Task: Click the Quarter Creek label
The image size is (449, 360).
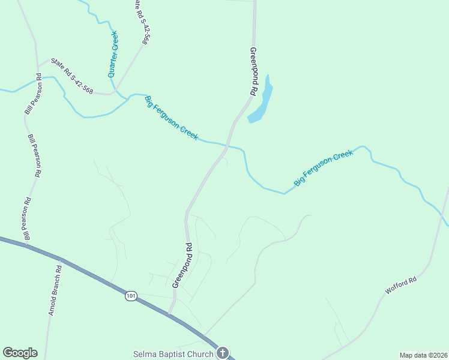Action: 112,54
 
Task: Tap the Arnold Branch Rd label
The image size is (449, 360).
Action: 56,290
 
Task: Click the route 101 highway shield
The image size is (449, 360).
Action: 131,296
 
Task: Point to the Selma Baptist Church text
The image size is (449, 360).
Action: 173,354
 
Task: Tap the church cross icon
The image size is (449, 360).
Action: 223,353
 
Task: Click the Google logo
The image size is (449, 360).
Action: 20,353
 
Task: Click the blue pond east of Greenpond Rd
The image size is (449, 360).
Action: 262,102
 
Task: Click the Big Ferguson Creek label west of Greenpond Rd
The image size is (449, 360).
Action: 172,118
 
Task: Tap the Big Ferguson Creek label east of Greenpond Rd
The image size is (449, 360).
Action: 323,168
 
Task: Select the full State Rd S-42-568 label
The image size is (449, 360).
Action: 72,76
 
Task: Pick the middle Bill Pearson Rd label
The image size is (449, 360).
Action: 34,155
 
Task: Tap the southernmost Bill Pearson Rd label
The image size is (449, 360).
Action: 27,220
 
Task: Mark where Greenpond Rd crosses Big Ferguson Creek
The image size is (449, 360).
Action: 226,145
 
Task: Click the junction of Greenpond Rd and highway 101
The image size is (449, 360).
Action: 170,313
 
